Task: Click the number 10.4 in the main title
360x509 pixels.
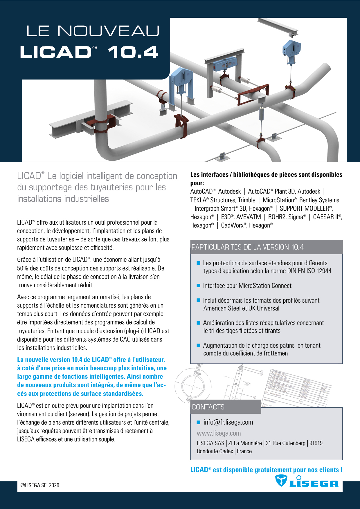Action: (133, 53)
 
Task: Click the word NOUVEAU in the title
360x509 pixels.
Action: (109, 31)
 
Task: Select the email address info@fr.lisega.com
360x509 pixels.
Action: (228, 422)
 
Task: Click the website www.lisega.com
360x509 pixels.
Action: (219, 433)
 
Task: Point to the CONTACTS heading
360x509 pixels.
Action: (208, 407)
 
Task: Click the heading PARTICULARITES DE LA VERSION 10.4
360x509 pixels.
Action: (247, 247)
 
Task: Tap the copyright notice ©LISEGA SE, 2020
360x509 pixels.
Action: (40, 485)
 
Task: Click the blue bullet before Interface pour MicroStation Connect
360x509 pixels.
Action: (199, 286)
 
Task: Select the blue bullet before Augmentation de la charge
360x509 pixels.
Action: (199, 345)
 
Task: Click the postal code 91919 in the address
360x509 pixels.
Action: (316, 443)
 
